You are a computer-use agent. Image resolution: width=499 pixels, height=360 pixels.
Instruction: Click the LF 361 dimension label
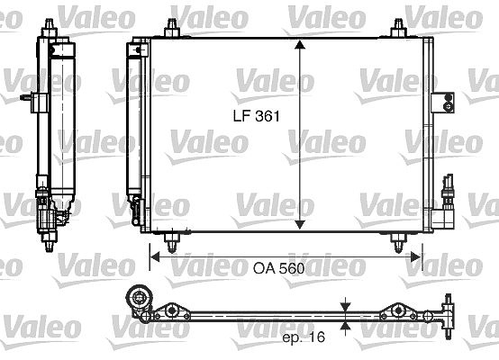tap(257, 116)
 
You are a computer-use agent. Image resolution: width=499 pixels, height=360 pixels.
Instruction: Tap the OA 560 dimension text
tap(279, 269)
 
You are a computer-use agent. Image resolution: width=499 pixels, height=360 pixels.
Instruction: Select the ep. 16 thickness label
tap(304, 337)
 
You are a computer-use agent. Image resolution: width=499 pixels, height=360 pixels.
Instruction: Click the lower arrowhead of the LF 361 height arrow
tap(300, 225)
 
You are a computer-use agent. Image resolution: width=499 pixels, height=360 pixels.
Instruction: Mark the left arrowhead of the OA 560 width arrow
tap(155, 257)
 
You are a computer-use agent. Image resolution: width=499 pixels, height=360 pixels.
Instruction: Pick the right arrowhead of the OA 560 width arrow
tap(416, 257)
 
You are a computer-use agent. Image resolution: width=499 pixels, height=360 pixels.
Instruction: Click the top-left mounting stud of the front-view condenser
tap(172, 28)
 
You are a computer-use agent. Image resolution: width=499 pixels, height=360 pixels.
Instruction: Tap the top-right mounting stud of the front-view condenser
tap(398, 28)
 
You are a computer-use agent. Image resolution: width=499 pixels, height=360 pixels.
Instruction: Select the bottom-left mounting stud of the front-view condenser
tap(172, 242)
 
